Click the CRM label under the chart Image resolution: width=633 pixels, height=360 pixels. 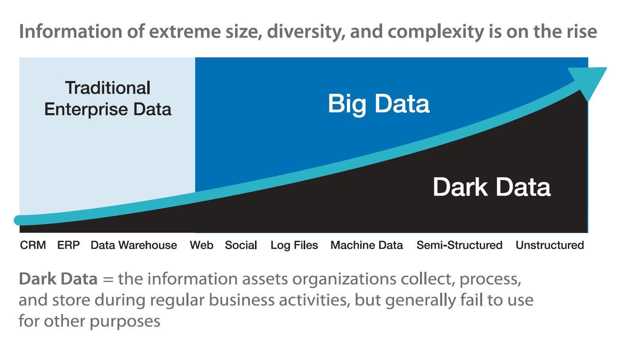coord(33,245)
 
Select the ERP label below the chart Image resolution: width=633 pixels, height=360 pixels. coord(68,245)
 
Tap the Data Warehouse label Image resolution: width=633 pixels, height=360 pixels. coord(134,245)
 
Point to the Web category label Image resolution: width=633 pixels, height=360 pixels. coord(201,245)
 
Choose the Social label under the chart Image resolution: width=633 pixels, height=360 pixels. coord(241,245)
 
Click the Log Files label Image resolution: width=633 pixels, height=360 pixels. coord(294,245)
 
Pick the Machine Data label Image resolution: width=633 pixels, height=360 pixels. coord(367,245)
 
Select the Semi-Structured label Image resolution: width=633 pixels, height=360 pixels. coord(459,245)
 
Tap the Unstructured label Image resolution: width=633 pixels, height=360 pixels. coord(549,245)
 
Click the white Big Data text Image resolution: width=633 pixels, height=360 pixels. coord(379,104)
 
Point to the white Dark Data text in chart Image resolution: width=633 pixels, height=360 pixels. coord(492,187)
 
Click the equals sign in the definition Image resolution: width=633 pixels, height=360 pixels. coord(108,279)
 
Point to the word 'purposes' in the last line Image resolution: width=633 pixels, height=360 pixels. coord(125,322)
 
